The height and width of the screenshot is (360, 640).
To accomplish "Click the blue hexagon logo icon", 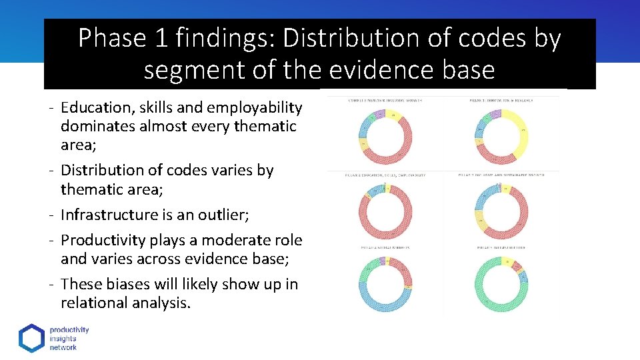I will pos(31,339).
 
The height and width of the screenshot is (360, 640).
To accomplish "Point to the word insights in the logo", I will pos(63,339).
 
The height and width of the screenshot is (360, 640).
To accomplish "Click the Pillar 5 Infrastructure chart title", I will pos(501,247).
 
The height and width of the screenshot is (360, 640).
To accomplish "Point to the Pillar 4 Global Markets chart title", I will pos(385,247).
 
